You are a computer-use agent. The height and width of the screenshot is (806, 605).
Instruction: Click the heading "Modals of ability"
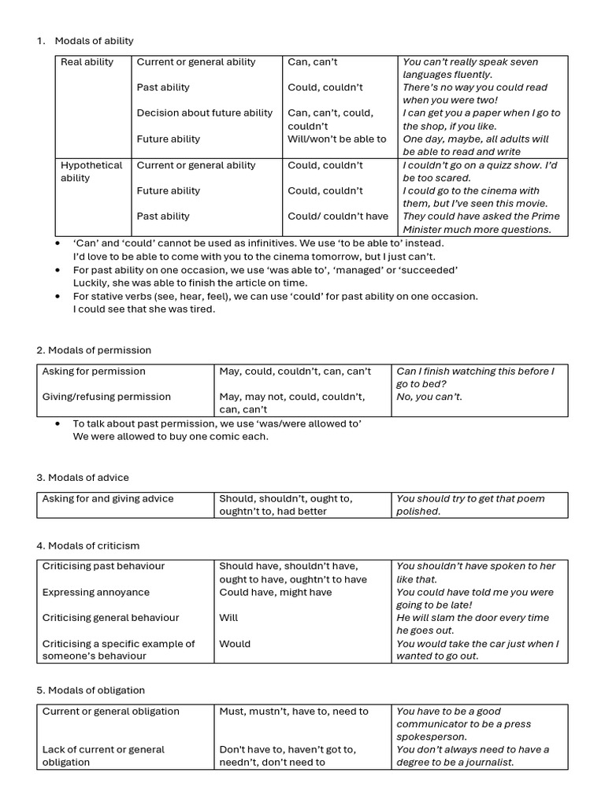(x=94, y=41)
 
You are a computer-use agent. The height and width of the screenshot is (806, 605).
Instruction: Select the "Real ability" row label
(x=87, y=62)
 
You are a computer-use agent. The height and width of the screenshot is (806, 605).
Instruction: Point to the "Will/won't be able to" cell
(x=336, y=139)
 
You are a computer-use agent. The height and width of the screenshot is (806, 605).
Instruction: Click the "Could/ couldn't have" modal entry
(x=337, y=216)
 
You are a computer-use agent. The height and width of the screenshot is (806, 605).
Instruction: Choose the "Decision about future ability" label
(x=204, y=113)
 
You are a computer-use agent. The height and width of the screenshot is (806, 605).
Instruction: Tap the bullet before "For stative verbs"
(x=58, y=297)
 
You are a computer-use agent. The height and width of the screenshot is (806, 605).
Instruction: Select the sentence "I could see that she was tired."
(x=143, y=309)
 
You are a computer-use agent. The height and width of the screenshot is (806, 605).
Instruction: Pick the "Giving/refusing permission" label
(x=106, y=397)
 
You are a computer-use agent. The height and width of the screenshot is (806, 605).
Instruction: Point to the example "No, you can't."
(x=429, y=397)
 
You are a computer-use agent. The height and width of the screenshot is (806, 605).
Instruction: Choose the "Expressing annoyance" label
(x=95, y=593)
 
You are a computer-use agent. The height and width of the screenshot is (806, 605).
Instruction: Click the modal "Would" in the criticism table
(x=235, y=644)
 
